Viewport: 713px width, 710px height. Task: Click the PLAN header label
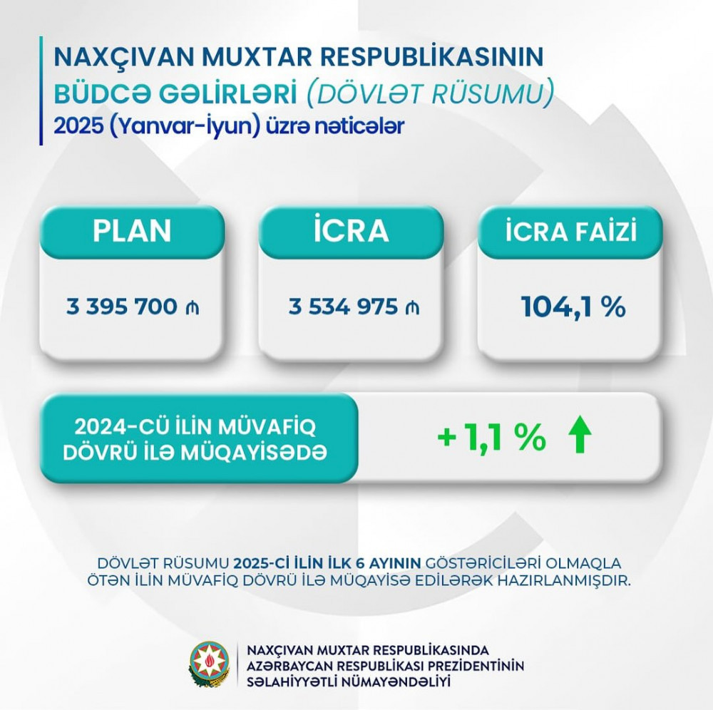[133, 232]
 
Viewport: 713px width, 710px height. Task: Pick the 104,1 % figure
[573, 307]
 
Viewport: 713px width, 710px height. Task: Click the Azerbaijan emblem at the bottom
[209, 664]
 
